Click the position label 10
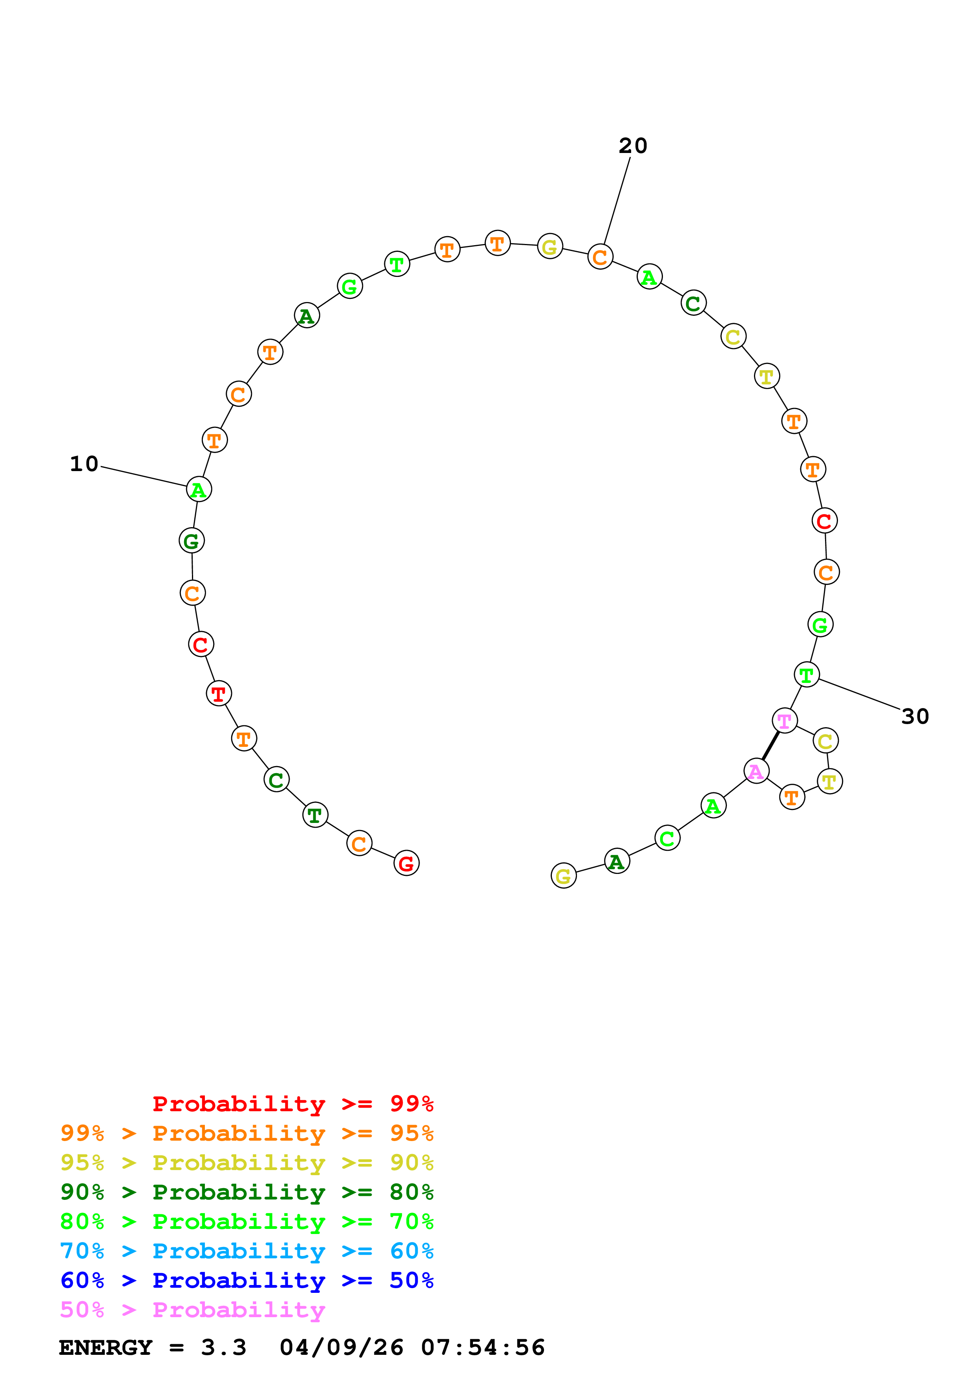[84, 464]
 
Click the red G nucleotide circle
[407, 863]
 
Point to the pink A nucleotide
[756, 771]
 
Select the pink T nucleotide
[784, 721]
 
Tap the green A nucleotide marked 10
[199, 489]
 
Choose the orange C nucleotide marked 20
[600, 257]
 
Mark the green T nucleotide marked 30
[806, 674]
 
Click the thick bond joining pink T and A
[770, 746]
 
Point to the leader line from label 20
[617, 201]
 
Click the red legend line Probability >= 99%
[292, 1104]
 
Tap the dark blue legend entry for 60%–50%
[246, 1280]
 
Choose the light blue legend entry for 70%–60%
[246, 1251]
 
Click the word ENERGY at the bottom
[106, 1347]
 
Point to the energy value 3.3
[224, 1347]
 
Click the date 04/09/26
[341, 1347]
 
